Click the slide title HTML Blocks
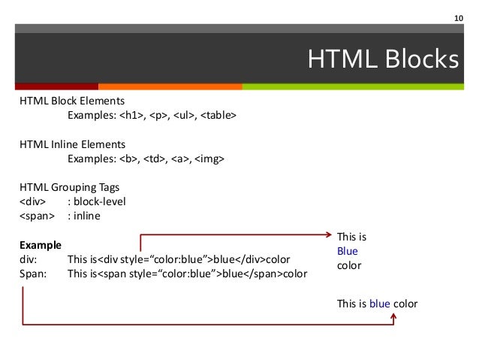[x=383, y=59]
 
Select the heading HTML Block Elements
[x=72, y=101]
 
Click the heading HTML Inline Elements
[x=72, y=144]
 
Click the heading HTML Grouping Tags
[x=69, y=187]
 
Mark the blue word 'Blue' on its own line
[x=348, y=251]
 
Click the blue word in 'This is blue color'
[x=379, y=304]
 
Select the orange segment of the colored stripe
[x=170, y=86]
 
